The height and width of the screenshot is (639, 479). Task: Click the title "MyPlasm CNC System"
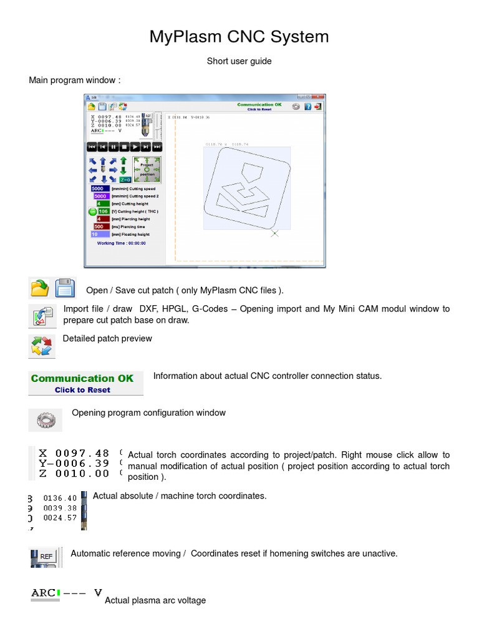point(239,37)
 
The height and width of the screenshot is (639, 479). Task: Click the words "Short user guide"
point(239,61)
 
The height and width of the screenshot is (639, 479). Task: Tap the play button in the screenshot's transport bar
point(135,147)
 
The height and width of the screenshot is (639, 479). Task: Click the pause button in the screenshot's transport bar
point(114,147)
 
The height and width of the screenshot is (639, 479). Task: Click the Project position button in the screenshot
point(147,168)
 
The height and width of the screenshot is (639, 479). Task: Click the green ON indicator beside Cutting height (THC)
point(92,212)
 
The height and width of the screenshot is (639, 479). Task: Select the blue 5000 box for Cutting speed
point(100,188)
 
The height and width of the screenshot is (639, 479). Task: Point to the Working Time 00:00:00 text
point(121,243)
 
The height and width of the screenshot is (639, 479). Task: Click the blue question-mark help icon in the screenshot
point(307,107)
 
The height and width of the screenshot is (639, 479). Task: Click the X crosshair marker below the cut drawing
point(274,233)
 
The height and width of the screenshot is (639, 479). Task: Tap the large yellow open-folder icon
point(40,288)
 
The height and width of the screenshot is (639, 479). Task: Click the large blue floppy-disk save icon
point(65,288)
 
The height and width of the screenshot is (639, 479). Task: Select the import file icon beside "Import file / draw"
point(41,317)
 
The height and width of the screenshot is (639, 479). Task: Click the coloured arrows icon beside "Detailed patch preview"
point(41,346)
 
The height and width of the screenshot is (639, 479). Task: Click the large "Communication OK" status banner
point(85,383)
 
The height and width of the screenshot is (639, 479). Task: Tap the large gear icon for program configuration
point(45,420)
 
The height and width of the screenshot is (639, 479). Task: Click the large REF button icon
point(46,556)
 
